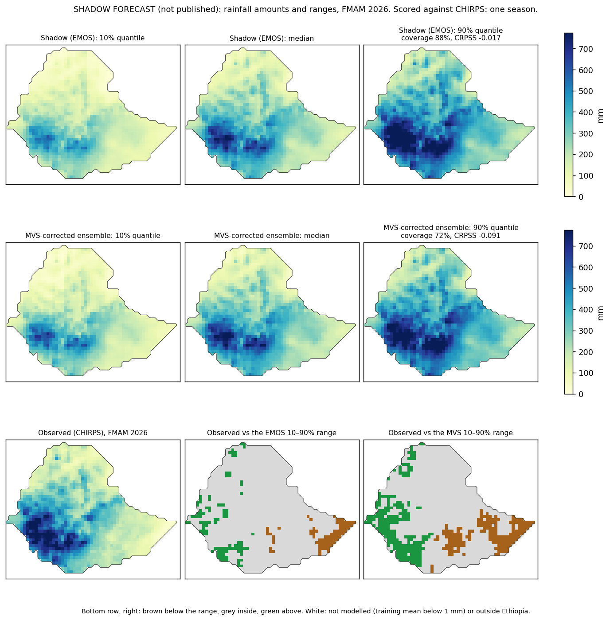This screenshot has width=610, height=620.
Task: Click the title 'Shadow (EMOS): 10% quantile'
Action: point(93,38)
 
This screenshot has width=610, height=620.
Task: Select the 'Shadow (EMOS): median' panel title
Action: point(272,38)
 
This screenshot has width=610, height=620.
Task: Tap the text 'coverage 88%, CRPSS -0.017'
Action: point(451,38)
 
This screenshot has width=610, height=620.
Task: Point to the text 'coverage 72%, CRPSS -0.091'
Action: point(451,235)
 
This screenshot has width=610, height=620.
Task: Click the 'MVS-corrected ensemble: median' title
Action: point(272,235)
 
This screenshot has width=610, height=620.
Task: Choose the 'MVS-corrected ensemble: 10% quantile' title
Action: point(93,235)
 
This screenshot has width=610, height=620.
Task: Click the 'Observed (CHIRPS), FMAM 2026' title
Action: point(93,433)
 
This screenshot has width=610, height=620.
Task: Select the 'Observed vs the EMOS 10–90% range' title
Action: point(272,433)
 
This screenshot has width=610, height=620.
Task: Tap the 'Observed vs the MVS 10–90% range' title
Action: point(451,433)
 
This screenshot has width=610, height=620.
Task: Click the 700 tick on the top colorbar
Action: point(586,49)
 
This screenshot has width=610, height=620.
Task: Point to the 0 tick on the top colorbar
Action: point(581,197)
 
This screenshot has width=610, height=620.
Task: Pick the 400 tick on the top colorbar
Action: point(586,112)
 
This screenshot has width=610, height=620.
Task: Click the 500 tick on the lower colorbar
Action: point(586,289)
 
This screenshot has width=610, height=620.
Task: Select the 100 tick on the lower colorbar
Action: point(586,373)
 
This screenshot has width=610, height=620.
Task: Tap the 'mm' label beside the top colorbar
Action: point(600,116)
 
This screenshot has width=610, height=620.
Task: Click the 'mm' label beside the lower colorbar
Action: point(600,313)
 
